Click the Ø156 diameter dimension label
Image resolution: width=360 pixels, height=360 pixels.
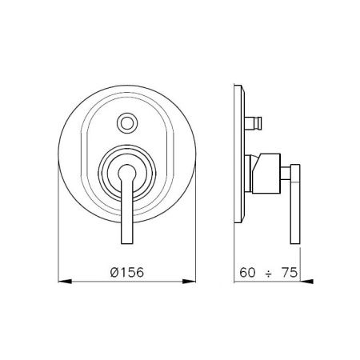[x=127, y=272]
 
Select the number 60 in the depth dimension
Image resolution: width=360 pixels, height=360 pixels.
[x=247, y=273]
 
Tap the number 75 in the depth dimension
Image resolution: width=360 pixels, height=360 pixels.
[x=290, y=273]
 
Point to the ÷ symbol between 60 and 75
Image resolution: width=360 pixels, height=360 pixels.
[x=268, y=274]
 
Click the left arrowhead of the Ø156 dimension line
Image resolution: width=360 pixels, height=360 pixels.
[x=65, y=281]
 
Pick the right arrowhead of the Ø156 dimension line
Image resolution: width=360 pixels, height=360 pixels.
[x=189, y=281]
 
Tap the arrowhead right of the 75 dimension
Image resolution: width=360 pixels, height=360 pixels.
[x=306, y=281]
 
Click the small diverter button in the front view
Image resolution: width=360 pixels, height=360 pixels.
[x=127, y=122]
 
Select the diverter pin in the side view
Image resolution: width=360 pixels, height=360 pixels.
[x=254, y=122]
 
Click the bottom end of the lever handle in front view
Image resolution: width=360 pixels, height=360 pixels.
[x=127, y=243]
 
